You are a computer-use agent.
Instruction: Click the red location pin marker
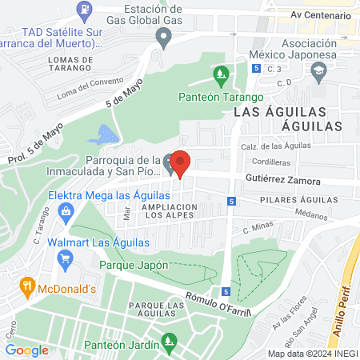(181, 163)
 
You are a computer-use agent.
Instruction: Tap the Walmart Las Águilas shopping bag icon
(66, 258)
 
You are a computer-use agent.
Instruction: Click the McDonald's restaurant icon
(27, 288)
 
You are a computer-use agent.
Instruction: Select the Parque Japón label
(134, 265)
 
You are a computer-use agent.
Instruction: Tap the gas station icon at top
(84, 10)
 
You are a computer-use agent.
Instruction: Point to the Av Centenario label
(320, 14)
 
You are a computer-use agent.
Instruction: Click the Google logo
(27, 350)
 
